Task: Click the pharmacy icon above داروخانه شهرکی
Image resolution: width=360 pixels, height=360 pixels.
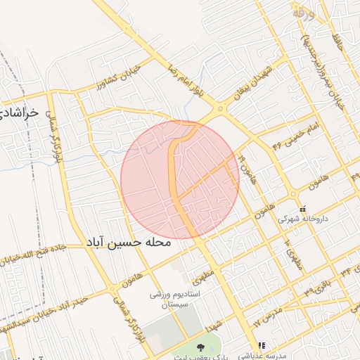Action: pos(303,209)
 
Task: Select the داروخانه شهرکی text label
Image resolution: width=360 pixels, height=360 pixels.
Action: pos(303,219)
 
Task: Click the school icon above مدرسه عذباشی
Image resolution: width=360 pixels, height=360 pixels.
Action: pos(262,345)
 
